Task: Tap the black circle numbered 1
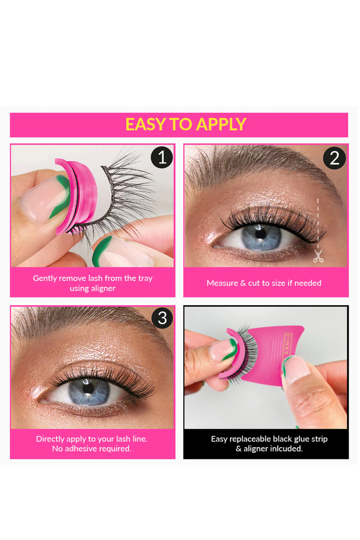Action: tap(161, 158)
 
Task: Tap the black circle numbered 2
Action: tap(334, 158)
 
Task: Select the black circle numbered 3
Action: tap(162, 318)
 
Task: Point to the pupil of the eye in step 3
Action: tap(88, 387)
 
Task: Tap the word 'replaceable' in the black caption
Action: tap(251, 439)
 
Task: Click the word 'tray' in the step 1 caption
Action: tap(144, 278)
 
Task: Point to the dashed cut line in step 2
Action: tap(318, 223)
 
